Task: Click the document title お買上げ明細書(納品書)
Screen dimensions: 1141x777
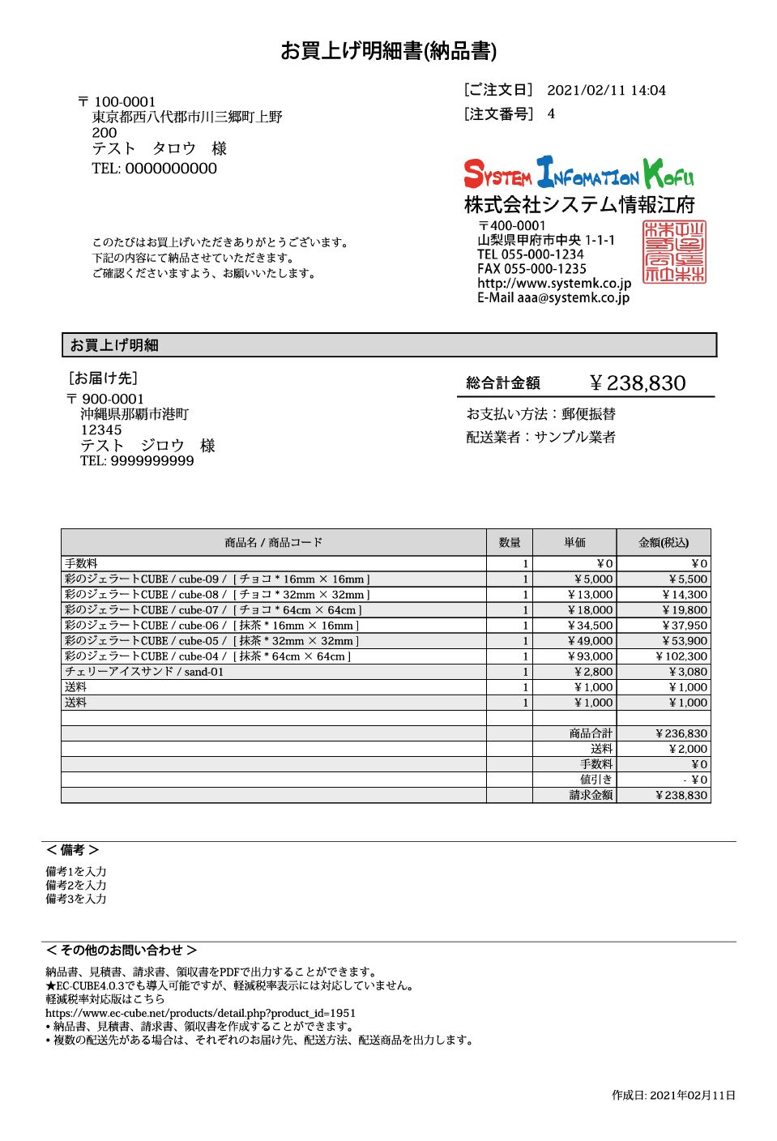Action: tap(388, 51)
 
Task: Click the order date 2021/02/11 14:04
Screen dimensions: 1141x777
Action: tap(606, 91)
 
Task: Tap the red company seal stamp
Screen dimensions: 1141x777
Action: tap(674, 252)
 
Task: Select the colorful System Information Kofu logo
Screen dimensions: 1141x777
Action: tap(578, 173)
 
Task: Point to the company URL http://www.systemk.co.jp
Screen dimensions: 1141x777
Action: tap(554, 284)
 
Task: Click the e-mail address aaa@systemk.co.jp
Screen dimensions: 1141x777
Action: tap(574, 298)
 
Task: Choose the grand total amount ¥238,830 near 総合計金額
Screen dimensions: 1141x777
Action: tap(637, 383)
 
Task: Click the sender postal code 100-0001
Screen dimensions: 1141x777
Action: tap(125, 102)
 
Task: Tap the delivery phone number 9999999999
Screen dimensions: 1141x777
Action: tap(152, 461)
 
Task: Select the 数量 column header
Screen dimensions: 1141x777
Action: tap(510, 543)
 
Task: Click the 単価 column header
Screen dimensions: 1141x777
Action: tap(574, 543)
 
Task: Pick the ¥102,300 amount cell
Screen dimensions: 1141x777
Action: tap(681, 656)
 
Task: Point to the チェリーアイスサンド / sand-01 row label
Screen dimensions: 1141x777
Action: tap(144, 672)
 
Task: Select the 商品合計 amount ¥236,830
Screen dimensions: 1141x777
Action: tap(681, 733)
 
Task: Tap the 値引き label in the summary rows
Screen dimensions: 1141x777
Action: tap(596, 780)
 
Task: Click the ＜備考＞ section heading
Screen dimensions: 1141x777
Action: tap(72, 850)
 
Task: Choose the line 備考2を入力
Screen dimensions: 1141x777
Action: tap(76, 886)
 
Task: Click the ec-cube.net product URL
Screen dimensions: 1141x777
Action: tap(200, 1013)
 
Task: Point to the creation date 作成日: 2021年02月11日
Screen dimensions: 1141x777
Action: tap(673, 1096)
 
